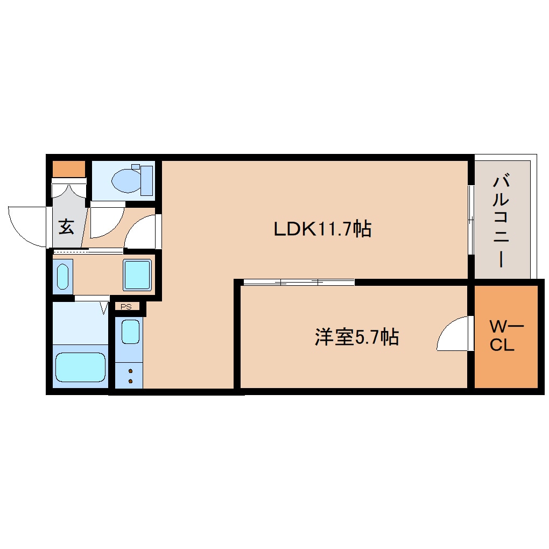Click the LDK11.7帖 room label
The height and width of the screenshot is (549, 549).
pyautogui.click(x=322, y=230)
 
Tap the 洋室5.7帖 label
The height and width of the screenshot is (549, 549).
pyautogui.click(x=356, y=337)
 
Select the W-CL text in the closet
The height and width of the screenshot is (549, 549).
pyautogui.click(x=506, y=336)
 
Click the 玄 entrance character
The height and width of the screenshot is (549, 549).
pyautogui.click(x=66, y=228)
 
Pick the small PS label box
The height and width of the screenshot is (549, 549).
pyautogui.click(x=126, y=307)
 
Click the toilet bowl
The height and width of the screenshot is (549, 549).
pyautogui.click(x=126, y=180)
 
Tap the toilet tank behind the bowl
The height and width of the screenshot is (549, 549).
pyautogui.click(x=146, y=180)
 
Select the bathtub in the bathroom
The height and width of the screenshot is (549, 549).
pyautogui.click(x=81, y=368)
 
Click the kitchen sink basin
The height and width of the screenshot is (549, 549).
pyautogui.click(x=130, y=331)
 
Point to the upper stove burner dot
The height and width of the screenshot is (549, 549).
pyautogui.click(x=130, y=371)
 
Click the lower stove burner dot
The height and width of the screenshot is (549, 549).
pyautogui.click(x=130, y=381)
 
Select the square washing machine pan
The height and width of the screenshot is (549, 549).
pyautogui.click(x=137, y=274)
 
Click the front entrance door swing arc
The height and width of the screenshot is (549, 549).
pyautogui.click(x=27, y=226)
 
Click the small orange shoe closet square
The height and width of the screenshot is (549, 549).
pyautogui.click(x=69, y=169)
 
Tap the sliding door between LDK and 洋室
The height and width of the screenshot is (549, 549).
pyautogui.click(x=299, y=282)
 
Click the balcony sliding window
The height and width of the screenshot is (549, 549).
pyautogui.click(x=471, y=220)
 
